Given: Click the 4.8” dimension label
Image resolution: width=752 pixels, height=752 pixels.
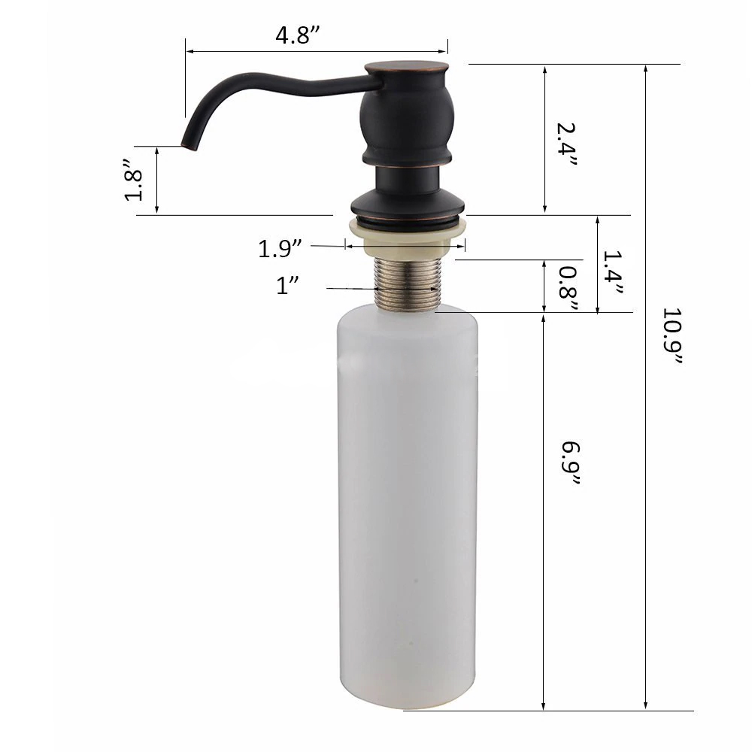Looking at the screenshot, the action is pos(297,35).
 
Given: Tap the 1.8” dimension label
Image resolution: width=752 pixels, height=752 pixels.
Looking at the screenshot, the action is pos(133,180).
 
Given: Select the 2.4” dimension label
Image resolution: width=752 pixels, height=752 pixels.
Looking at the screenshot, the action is pos(566,144).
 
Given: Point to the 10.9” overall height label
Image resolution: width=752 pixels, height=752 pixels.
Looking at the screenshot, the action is pos(672,335).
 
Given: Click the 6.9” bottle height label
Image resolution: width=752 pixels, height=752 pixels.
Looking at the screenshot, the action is pos(571,463).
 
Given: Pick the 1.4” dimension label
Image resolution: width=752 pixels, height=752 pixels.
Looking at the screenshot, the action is pos(612,272).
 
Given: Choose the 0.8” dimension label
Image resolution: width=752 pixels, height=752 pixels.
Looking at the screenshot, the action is pos(568,289).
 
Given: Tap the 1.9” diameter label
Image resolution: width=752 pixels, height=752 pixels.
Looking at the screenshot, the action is pos(280,249).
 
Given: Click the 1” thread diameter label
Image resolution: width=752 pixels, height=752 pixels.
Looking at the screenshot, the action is pos(287,285).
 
